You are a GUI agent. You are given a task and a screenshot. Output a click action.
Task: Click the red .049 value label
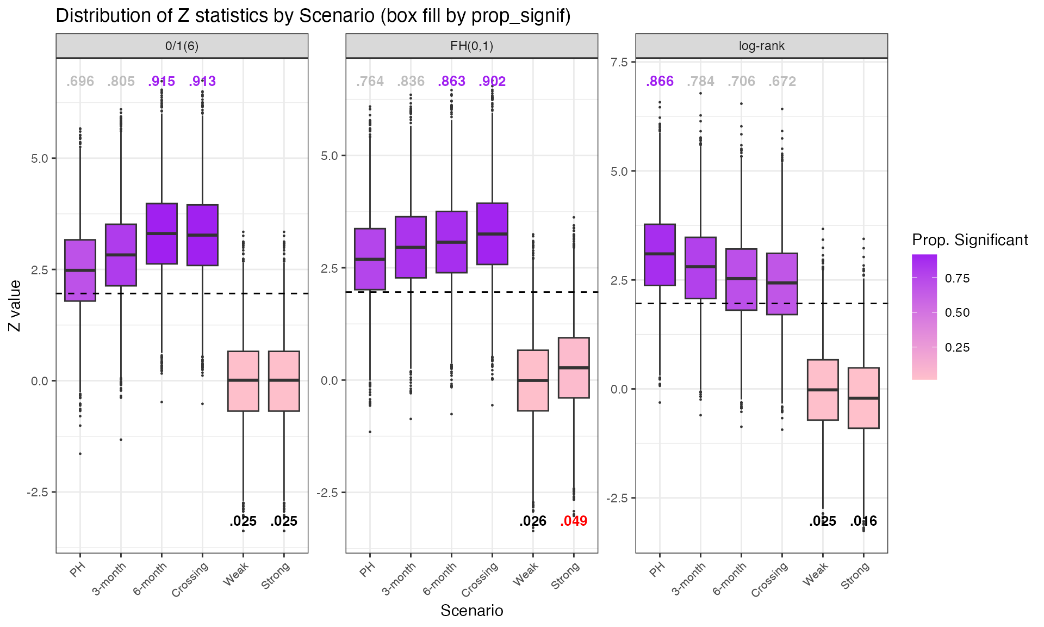(574, 521)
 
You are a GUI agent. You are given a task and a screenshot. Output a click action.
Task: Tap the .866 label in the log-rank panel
(660, 82)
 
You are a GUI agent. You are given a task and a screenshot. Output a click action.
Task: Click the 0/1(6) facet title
(182, 46)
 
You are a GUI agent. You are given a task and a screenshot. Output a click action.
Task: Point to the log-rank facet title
(761, 46)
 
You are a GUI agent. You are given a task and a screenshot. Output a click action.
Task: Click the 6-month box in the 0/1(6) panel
(161, 233)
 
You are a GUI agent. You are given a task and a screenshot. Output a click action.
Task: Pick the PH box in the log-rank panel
(660, 255)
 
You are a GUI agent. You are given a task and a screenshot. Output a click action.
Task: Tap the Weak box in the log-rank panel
(823, 390)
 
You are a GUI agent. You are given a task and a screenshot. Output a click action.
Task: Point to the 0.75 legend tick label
(957, 278)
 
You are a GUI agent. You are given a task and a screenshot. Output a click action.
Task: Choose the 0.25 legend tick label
(957, 347)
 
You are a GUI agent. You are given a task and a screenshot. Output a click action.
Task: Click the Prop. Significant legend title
(970, 240)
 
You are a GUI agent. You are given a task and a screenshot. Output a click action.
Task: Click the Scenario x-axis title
(471, 611)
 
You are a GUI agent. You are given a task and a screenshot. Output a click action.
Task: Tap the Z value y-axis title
(15, 305)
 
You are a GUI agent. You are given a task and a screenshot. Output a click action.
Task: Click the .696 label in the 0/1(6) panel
(80, 82)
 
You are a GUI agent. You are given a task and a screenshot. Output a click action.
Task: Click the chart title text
(313, 15)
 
